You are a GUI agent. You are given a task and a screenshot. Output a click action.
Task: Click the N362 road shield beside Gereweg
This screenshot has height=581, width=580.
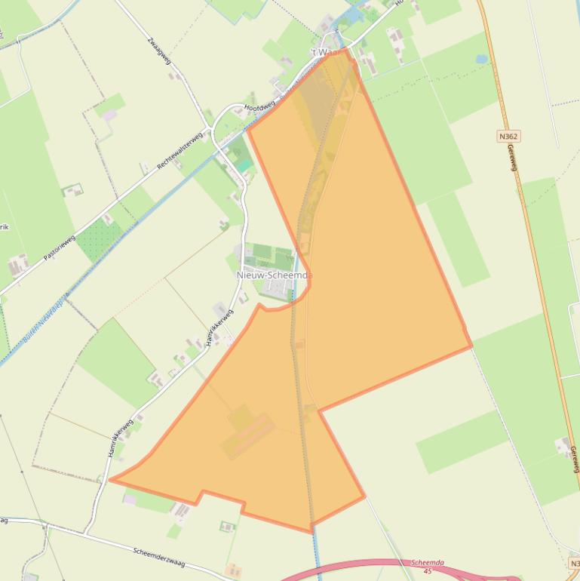pyautogui.click(x=509, y=137)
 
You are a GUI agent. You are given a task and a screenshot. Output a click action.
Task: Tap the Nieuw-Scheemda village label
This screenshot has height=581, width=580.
pyautogui.click(x=273, y=275)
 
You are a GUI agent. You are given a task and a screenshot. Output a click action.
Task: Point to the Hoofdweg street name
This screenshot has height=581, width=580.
pyautogui.click(x=260, y=109)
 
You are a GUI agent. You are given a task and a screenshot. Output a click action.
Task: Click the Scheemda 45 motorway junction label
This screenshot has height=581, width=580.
pyautogui.click(x=427, y=566)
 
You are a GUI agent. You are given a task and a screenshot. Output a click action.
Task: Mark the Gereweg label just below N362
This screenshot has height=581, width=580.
pyautogui.click(x=514, y=158)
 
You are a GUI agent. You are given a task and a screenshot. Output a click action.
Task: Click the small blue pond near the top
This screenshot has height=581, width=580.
pyautogui.click(x=481, y=59)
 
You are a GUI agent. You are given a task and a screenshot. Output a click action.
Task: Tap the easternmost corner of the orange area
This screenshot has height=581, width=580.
pyautogui.click(x=471, y=346)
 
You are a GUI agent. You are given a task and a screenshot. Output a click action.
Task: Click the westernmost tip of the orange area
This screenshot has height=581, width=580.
pyautogui.click(x=111, y=478)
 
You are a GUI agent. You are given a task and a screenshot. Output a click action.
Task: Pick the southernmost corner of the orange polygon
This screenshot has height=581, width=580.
pyautogui.click(x=311, y=532)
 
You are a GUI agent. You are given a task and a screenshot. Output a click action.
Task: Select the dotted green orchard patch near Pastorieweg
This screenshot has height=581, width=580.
pyautogui.click(x=99, y=240)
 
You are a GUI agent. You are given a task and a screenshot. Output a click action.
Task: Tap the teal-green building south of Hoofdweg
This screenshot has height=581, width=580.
pyautogui.click(x=244, y=164)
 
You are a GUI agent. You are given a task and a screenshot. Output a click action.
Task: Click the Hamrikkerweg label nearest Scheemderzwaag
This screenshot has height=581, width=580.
pyautogui.click(x=121, y=440)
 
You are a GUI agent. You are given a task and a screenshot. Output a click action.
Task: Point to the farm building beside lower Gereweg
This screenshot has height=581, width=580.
pyautogui.click(x=564, y=447)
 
